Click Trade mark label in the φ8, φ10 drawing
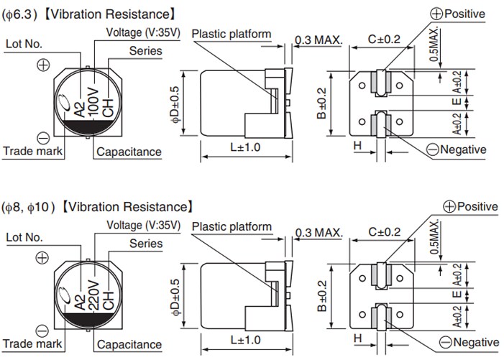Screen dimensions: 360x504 [x=33, y=343]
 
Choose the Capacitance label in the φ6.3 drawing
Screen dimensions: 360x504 [x=129, y=152]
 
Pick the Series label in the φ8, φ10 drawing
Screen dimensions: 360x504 [x=146, y=243]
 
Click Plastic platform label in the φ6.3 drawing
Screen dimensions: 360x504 [x=231, y=34]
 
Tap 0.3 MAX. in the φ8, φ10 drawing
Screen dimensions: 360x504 [x=319, y=233]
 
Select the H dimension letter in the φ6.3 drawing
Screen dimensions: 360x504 [x=357, y=146]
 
